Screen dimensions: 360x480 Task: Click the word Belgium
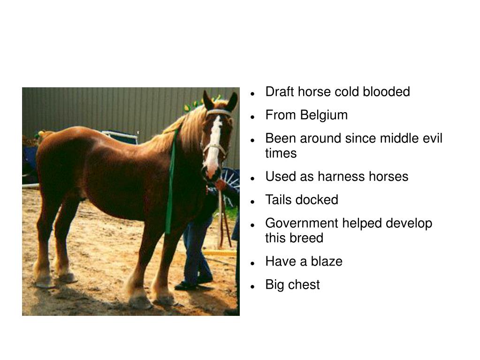324,115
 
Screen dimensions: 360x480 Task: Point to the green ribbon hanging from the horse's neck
170,188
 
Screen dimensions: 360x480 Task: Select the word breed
307,238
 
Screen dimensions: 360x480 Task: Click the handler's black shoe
185,285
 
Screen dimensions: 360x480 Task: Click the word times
281,153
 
